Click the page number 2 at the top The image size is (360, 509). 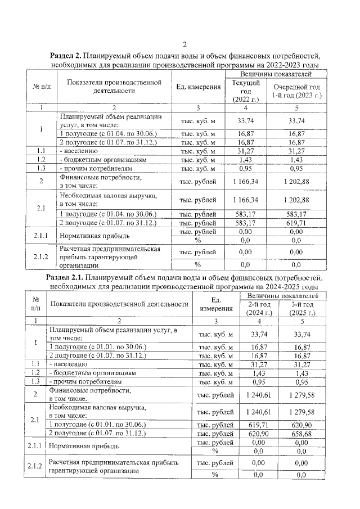point(184,45)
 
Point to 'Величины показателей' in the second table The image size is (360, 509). point(281,295)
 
